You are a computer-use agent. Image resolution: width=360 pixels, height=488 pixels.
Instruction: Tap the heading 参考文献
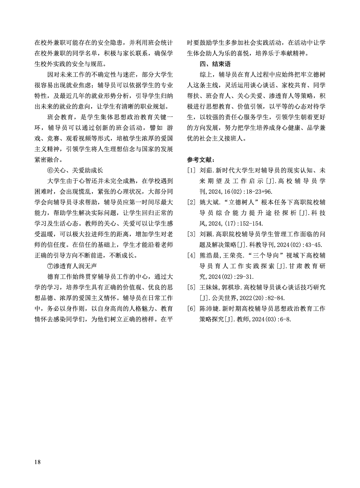(201, 159)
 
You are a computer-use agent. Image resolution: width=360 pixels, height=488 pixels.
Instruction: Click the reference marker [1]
(191, 171)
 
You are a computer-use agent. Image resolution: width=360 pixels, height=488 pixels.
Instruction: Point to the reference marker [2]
(191, 202)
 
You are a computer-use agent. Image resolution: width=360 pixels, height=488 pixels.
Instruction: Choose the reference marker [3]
(191, 234)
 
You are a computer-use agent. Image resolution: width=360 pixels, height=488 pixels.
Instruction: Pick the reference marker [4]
(191, 255)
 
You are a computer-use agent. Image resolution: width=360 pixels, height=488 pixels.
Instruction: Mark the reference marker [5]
(191, 287)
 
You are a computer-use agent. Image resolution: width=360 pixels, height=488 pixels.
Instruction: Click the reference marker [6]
(191, 309)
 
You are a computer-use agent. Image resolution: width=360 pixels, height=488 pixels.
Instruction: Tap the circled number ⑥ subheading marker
(50, 170)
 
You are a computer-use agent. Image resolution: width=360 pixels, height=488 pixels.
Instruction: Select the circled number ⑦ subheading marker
(50, 266)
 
